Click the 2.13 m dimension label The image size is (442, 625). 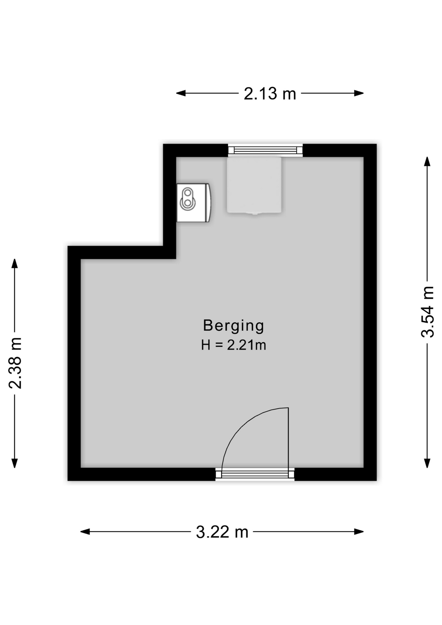point(270,94)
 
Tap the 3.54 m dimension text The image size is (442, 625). point(428,312)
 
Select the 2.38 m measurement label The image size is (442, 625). point(15,363)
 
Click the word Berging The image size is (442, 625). point(233,326)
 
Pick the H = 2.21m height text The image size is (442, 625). point(233,345)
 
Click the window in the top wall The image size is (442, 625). point(265,150)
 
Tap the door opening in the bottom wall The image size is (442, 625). point(255,474)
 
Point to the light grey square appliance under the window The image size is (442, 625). point(254,185)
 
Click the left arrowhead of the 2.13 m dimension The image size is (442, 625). point(180,93)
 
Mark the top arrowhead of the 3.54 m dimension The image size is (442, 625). point(427,161)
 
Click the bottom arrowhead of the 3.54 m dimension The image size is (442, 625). point(427,463)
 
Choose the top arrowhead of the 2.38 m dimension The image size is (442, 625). point(15,263)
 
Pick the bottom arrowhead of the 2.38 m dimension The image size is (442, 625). point(15,463)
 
